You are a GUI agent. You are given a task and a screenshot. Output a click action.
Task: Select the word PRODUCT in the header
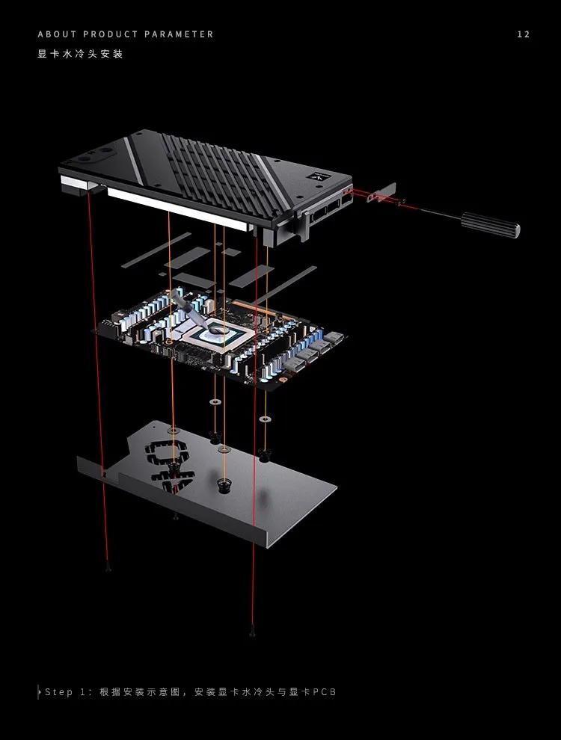coord(111,34)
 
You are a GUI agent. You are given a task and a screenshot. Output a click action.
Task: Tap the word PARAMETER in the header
coord(179,34)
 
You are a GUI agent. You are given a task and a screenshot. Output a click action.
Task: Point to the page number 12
coord(524,34)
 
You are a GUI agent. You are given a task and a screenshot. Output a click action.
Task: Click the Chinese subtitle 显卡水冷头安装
coord(80,54)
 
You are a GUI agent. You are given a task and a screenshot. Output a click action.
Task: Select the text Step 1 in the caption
coord(65,692)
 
